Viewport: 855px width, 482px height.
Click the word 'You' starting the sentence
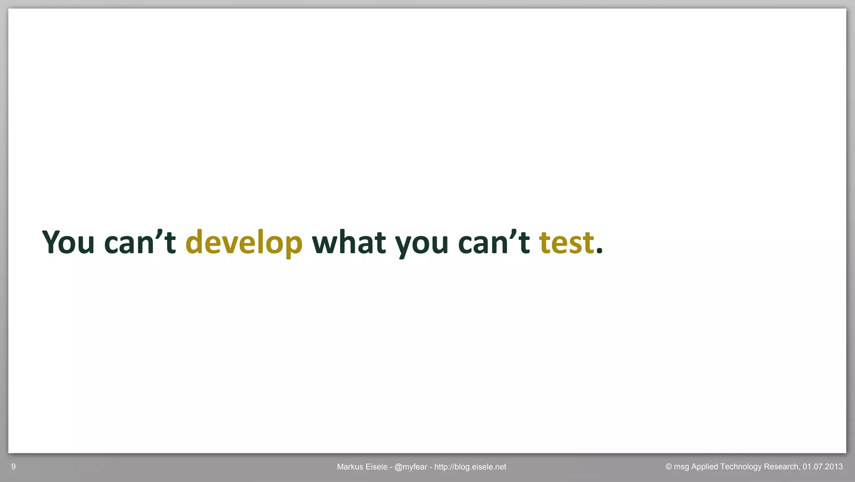point(68,242)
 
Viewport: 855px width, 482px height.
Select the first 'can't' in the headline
point(139,242)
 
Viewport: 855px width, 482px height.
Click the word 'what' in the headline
point(349,242)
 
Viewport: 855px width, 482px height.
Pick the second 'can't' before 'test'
point(493,242)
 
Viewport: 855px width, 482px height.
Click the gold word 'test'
point(566,242)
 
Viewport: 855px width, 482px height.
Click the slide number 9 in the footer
point(13,467)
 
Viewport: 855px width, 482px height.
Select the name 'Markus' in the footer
point(350,467)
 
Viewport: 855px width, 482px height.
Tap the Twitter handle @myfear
point(410,467)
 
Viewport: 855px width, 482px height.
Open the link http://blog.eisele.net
point(470,467)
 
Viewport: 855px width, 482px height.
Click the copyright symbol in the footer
point(668,467)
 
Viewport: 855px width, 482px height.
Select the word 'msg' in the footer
point(681,467)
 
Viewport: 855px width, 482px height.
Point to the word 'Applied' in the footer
point(705,467)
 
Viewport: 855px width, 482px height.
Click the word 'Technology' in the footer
point(741,467)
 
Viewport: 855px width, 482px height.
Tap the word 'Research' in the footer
point(781,467)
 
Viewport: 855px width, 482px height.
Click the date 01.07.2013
point(822,467)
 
